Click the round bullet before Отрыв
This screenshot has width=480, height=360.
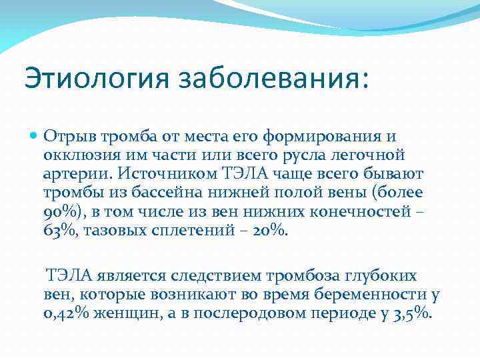point(34,136)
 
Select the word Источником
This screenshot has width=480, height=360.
point(157,175)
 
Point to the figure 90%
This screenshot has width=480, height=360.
point(59,213)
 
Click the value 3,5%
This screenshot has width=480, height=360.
point(412,313)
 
